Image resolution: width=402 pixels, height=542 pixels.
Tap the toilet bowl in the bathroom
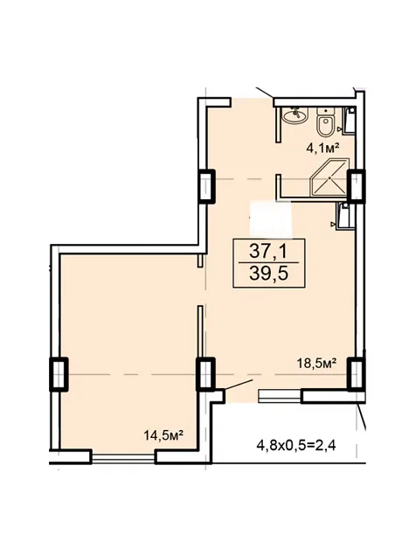(325, 126)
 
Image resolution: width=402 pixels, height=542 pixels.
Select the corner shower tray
(329, 177)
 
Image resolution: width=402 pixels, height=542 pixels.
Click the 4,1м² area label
(322, 148)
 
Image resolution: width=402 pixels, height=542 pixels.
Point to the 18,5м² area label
(317, 364)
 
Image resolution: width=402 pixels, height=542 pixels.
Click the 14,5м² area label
(163, 435)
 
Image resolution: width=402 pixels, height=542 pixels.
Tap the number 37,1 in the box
(268, 252)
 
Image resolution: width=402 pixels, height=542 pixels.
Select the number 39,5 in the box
(268, 274)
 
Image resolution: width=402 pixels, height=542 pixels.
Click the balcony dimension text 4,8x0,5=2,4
(296, 445)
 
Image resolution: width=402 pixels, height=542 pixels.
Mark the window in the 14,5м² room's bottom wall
(123, 457)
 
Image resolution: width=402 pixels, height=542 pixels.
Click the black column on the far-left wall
(59, 375)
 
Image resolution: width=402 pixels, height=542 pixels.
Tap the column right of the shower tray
(356, 185)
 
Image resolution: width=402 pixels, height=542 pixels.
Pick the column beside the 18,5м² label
(356, 374)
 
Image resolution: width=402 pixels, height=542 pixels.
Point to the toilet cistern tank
(326, 112)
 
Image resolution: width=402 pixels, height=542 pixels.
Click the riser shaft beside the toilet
(350, 120)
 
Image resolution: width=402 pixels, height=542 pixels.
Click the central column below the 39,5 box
(205, 374)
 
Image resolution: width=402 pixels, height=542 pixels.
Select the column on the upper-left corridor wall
(206, 186)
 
